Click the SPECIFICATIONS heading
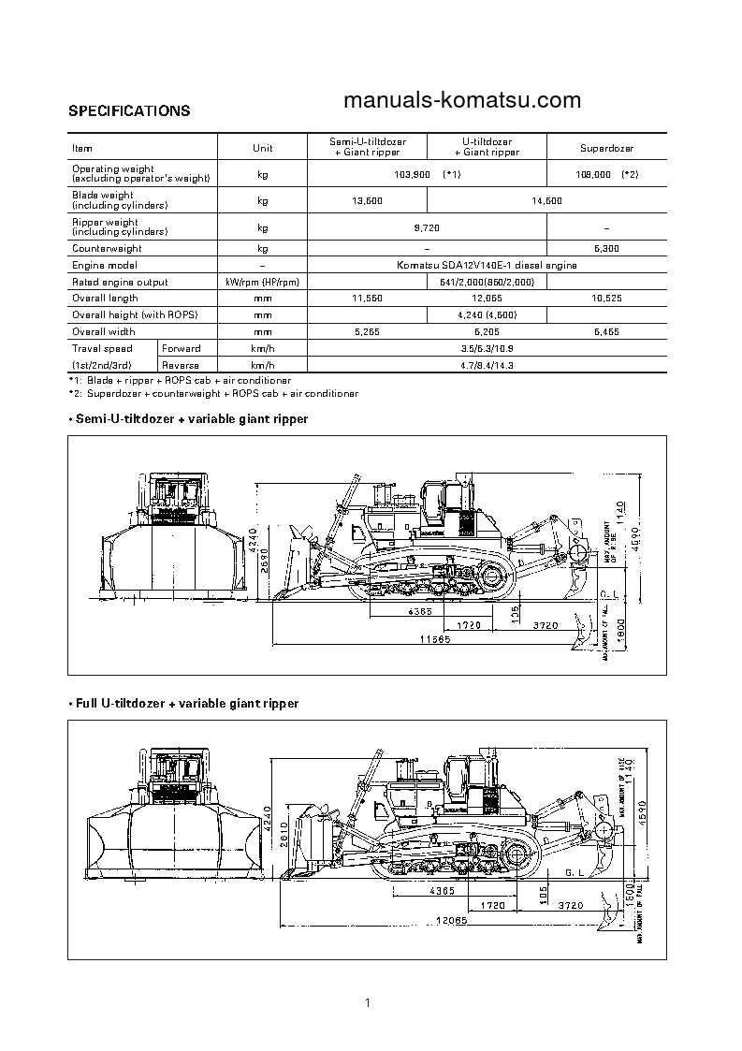[x=129, y=110]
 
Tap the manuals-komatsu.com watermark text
[x=462, y=100]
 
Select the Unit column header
[x=262, y=148]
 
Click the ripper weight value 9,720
[x=427, y=227]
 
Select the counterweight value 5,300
[x=606, y=249]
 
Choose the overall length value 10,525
[x=606, y=299]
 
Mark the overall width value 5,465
[x=606, y=331]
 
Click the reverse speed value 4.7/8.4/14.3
[x=487, y=365]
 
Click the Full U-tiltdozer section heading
[x=183, y=703]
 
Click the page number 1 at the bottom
[x=369, y=1004]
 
